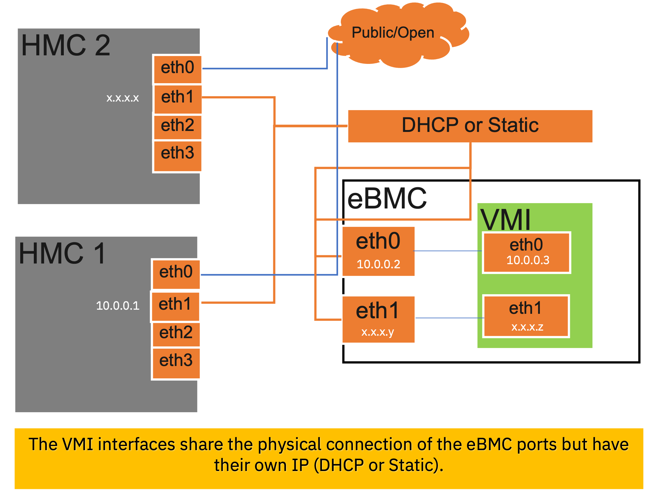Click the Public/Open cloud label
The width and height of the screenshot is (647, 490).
point(393,33)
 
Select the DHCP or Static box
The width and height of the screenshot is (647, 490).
point(470,126)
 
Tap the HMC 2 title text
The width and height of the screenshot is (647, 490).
point(66,46)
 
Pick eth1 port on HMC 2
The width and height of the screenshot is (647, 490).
point(178,97)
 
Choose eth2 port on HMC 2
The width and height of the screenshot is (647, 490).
point(178,126)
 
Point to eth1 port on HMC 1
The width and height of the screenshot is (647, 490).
point(175,305)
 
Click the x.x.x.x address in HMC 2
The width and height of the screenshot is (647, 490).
point(123,98)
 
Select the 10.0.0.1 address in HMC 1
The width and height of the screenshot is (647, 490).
point(118,306)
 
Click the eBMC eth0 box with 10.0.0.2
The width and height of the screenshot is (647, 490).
point(378,251)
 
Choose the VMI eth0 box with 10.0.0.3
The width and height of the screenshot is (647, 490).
point(526,252)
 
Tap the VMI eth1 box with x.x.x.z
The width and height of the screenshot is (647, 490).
point(526,316)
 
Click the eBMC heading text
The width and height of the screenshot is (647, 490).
point(387,199)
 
